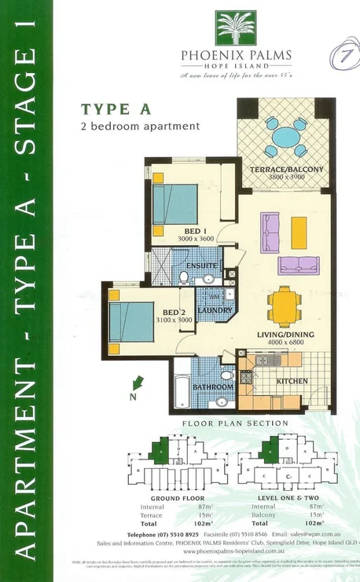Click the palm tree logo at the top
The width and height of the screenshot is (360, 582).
pyautogui.click(x=235, y=28)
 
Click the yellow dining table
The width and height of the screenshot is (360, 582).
pyautogui.click(x=285, y=307)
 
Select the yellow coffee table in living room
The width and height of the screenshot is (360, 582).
pyautogui.click(x=299, y=232)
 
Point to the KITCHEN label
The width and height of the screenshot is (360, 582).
pyautogui.click(x=292, y=381)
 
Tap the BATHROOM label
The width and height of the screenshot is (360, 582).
pyautogui.click(x=214, y=387)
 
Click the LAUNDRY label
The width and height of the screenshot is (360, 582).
pyautogui.click(x=215, y=311)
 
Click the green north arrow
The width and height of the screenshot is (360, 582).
pyautogui.click(x=139, y=383)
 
